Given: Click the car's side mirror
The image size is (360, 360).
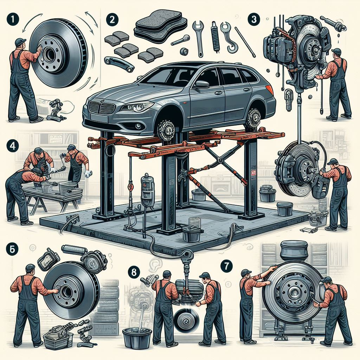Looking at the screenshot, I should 202,84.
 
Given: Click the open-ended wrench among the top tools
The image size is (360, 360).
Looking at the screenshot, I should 198,35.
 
